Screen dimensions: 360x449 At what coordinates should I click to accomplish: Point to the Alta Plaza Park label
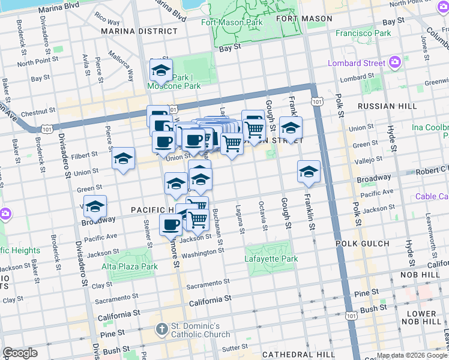(130, 266)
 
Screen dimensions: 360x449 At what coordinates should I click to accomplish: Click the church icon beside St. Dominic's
(161, 329)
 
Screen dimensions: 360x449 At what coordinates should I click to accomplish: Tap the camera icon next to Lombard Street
(395, 62)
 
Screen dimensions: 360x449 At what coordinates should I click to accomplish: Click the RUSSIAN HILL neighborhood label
(387, 106)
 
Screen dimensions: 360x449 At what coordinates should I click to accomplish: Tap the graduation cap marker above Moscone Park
(161, 71)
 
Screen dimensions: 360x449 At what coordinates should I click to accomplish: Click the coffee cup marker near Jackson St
(170, 224)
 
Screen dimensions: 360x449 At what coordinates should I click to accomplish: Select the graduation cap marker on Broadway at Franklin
(309, 171)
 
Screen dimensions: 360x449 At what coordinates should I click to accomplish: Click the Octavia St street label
(264, 218)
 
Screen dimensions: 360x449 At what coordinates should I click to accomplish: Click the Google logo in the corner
(20, 353)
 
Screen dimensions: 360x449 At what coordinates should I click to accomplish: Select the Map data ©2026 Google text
(412, 355)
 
